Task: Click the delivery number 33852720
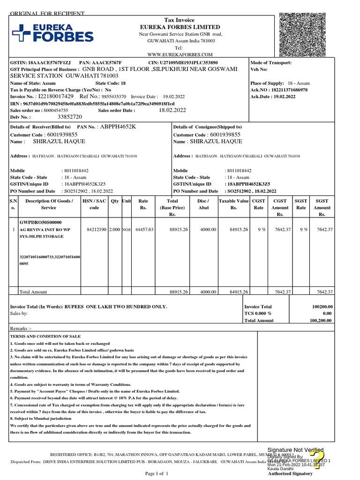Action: [x=69, y=117]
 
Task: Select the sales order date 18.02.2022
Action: [x=172, y=110]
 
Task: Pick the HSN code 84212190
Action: [x=97, y=230]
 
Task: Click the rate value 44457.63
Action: [x=144, y=230]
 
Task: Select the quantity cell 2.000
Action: [x=114, y=230]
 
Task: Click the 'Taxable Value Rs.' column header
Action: [x=233, y=204]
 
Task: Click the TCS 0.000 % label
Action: [x=258, y=313]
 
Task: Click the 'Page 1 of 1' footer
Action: [x=159, y=474]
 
